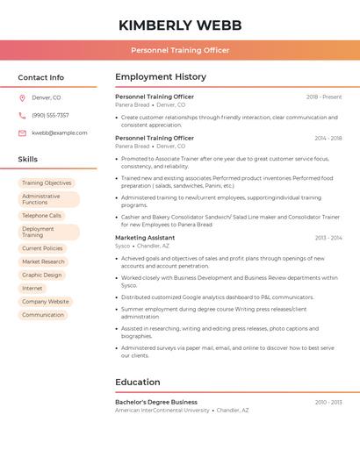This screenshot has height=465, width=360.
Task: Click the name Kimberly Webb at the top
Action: [x=180, y=25]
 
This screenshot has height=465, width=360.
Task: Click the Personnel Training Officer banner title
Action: [x=180, y=50]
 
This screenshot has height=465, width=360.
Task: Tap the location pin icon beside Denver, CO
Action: [x=22, y=97]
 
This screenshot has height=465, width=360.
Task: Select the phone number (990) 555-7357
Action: [x=50, y=115]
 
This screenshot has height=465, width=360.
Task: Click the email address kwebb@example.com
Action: [x=60, y=132]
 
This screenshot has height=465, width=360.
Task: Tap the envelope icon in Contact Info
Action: [x=22, y=132]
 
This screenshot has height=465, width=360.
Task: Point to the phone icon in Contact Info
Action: [x=22, y=115]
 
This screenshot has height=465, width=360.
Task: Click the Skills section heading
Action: [x=28, y=160]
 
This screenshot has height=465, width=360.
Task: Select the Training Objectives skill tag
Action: [x=47, y=183]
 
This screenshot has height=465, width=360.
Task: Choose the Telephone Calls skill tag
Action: [x=41, y=215]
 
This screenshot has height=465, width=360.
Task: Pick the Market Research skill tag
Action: [x=43, y=261]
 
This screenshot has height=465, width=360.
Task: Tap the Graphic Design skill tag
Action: [x=41, y=275]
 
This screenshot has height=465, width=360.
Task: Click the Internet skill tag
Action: [x=32, y=288]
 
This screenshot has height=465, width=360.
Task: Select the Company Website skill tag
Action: [x=45, y=301]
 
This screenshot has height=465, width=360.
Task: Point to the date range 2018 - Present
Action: [x=324, y=97]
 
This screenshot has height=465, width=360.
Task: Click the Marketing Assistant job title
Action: [x=145, y=238]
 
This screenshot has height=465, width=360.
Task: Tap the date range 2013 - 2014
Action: [x=328, y=238]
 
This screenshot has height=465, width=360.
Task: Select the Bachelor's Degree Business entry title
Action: [x=156, y=402]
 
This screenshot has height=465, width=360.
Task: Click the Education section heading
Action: [x=138, y=383]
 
